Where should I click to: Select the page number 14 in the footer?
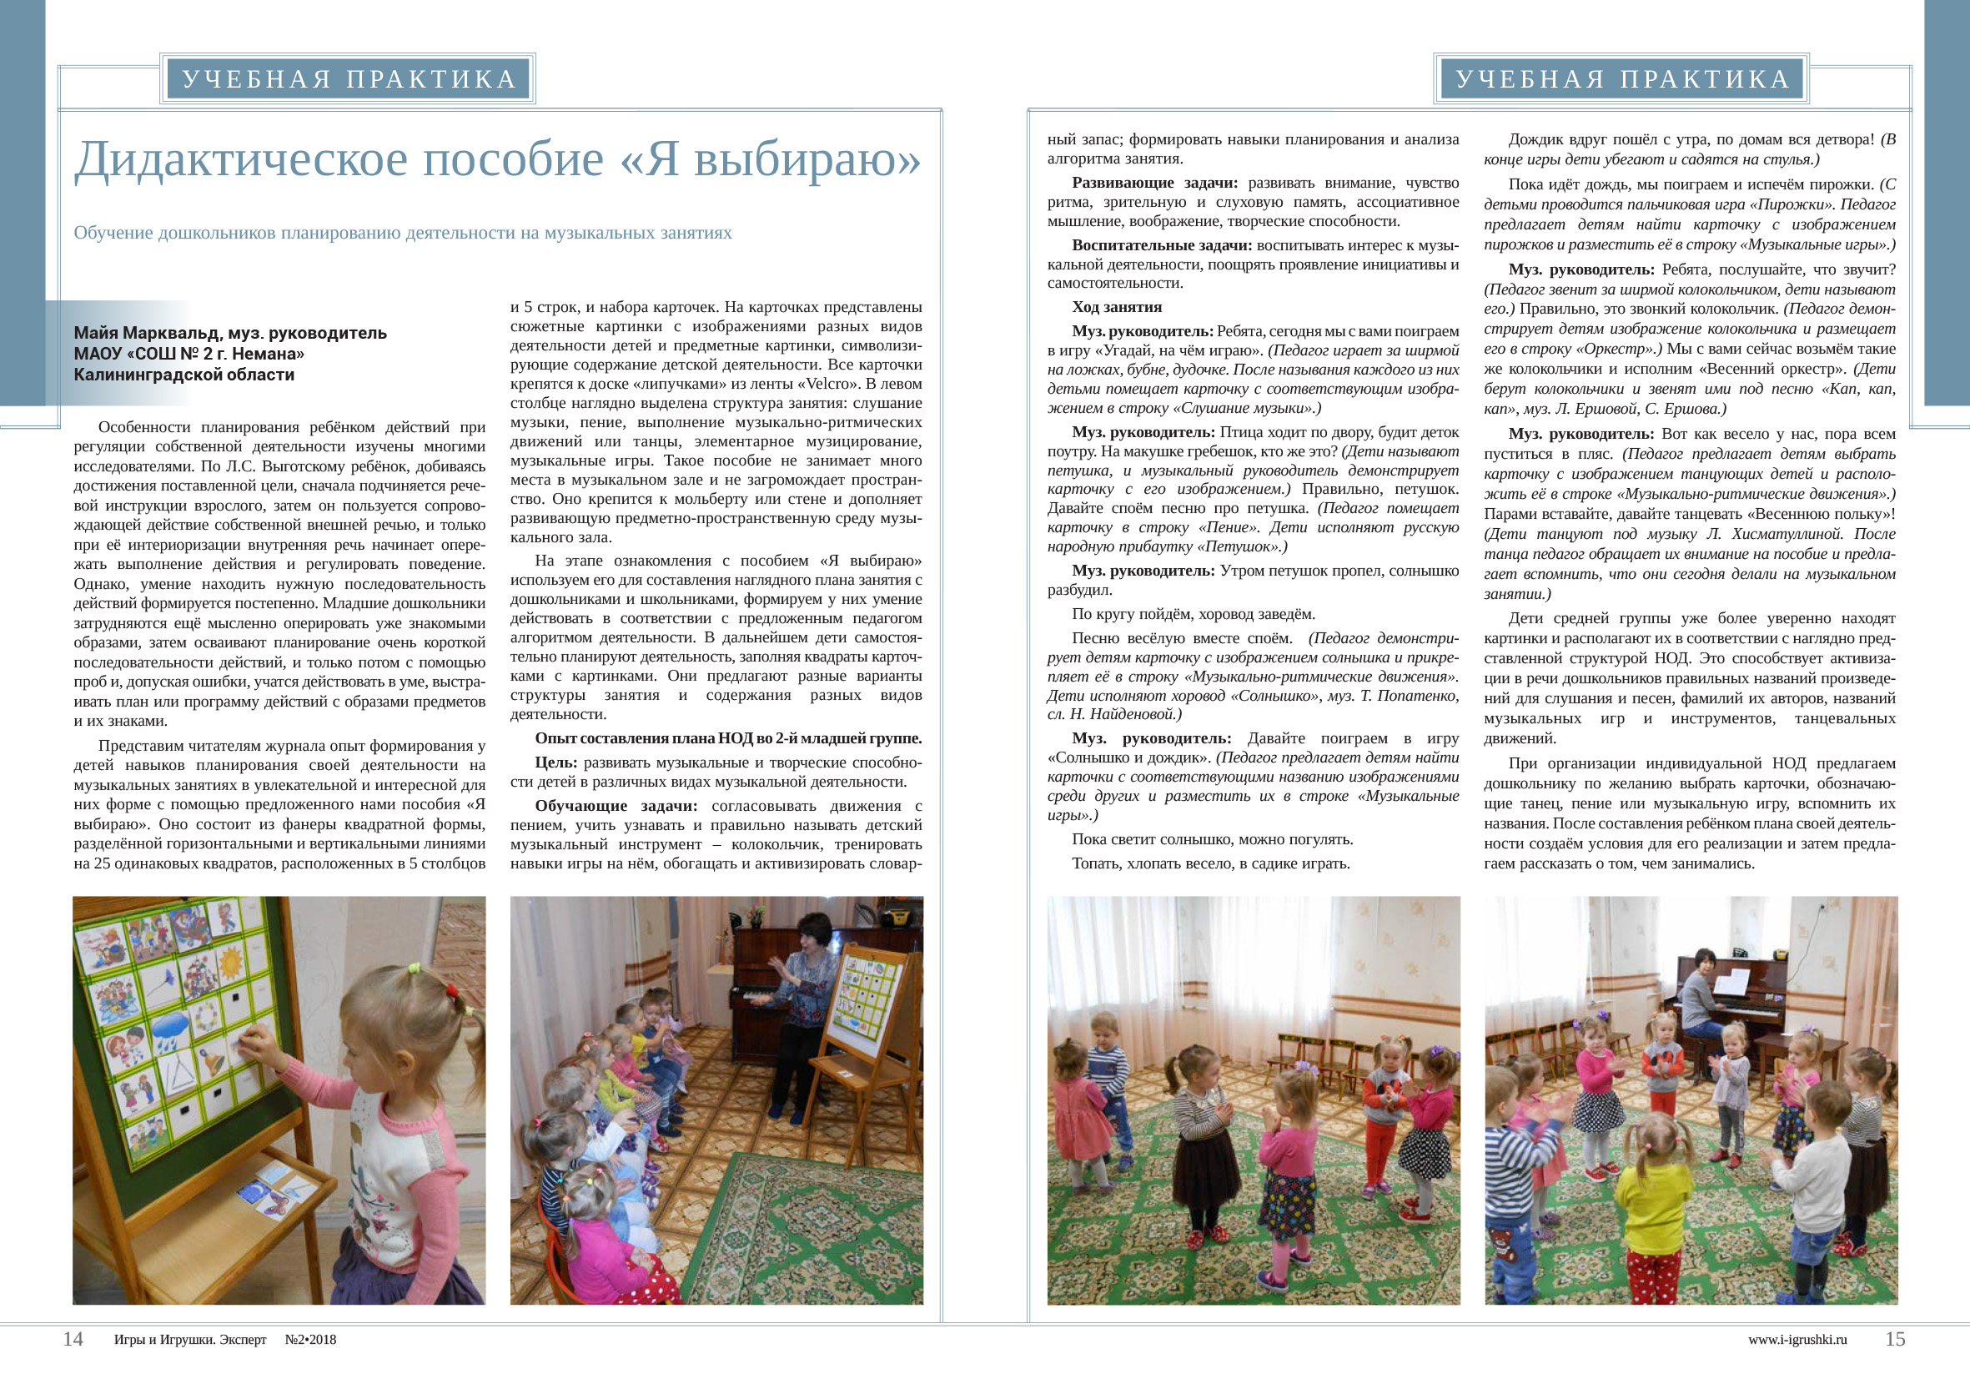click(x=73, y=1339)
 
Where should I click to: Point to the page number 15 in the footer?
click(x=1894, y=1339)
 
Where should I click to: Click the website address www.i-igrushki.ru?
click(x=1797, y=1340)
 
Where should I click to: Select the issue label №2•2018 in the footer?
click(x=309, y=1340)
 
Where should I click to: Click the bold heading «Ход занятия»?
click(x=1116, y=307)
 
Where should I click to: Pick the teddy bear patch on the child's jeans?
click(x=1501, y=1241)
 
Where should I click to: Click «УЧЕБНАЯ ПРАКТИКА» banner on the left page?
click(x=349, y=79)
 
